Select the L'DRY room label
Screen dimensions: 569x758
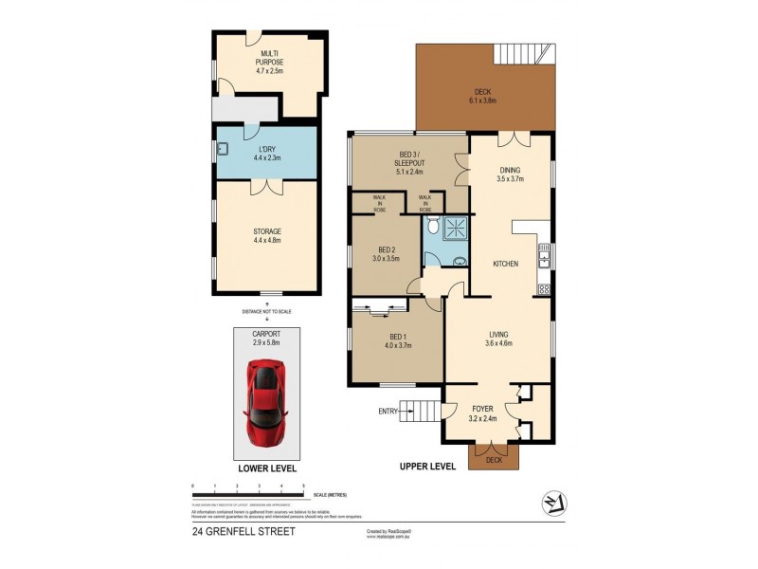[x=266, y=154]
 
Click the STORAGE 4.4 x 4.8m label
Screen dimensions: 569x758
[x=266, y=235]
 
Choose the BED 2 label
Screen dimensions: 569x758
[x=383, y=253]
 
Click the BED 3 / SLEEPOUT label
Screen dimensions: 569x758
[x=410, y=158]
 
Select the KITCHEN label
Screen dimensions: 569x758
[x=504, y=264]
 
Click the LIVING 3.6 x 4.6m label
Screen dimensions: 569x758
[x=499, y=340]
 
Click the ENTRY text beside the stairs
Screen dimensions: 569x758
[x=388, y=411]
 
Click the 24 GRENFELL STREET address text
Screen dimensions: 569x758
[x=244, y=531]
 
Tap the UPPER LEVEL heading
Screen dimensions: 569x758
[x=424, y=468]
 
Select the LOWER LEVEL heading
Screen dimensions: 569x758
[x=266, y=468]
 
